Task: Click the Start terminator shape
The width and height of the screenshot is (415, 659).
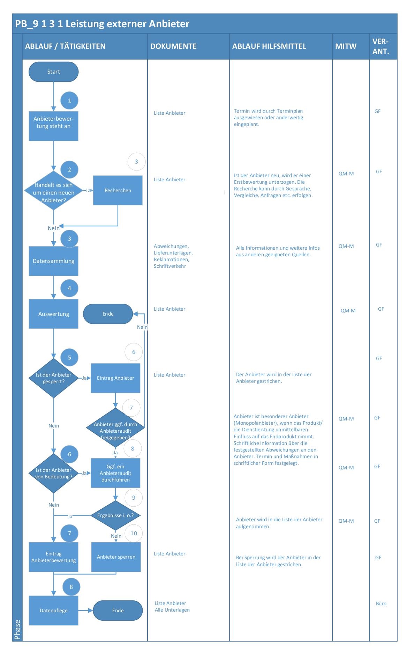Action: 53,72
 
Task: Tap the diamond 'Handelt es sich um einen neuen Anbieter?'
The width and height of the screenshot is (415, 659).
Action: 53,191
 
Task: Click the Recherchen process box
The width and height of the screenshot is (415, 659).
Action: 118,190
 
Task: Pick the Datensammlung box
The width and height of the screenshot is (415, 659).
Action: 53,261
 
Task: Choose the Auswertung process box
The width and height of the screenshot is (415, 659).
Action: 53,314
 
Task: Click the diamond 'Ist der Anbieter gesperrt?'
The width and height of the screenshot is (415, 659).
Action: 53,378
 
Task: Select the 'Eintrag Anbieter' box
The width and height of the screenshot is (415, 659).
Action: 115,378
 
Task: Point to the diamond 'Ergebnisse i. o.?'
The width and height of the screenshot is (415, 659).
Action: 115,515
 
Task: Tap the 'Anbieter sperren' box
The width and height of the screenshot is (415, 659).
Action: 116,557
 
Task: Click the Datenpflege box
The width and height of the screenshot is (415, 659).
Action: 53,611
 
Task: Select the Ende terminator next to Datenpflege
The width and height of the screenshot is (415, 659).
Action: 118,611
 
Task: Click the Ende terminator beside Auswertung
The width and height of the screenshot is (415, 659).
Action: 108,314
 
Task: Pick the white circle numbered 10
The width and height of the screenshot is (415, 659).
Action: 134,533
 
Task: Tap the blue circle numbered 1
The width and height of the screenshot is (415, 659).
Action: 69,101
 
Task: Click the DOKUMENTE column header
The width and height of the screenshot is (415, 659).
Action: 173,46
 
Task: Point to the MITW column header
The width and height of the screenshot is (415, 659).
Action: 346,46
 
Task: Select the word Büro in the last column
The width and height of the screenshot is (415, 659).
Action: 381,604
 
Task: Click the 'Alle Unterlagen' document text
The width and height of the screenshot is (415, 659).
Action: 172,610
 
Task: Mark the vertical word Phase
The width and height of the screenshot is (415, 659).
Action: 17,630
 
